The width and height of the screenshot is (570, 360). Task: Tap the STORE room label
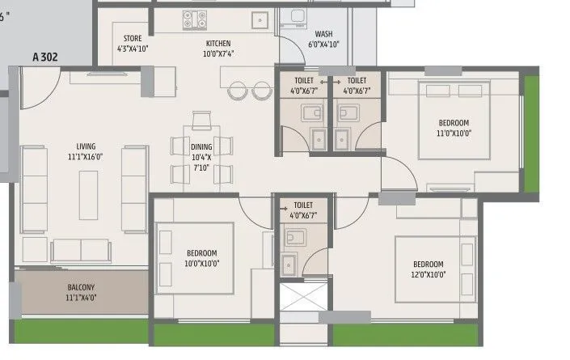pyautogui.click(x=133, y=43)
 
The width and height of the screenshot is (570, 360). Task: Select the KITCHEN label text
pyautogui.click(x=217, y=49)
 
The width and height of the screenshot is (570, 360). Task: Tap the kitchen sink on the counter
pyautogui.click(x=259, y=20)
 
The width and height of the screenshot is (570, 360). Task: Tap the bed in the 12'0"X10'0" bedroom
pyautogui.click(x=433, y=268)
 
